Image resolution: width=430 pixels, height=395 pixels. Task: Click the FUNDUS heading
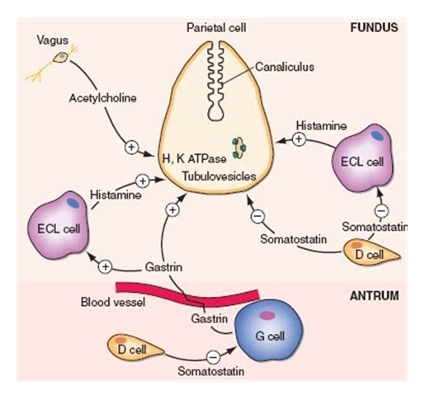click(x=374, y=27)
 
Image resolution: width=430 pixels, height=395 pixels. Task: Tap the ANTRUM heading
click(x=375, y=296)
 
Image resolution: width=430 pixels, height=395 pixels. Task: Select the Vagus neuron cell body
click(x=62, y=57)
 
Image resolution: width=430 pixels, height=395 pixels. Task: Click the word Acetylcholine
click(x=102, y=98)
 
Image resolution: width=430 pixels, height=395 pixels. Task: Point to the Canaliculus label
click(x=285, y=67)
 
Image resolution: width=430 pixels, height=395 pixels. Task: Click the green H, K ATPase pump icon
click(x=239, y=148)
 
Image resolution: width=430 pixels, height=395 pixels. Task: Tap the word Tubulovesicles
click(x=219, y=176)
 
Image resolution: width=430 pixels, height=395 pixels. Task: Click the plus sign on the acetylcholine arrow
click(x=131, y=148)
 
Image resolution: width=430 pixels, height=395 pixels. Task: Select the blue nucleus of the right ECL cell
click(x=378, y=135)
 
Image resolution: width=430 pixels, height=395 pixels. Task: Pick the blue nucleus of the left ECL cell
click(x=73, y=203)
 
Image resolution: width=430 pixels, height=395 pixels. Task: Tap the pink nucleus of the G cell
click(x=267, y=315)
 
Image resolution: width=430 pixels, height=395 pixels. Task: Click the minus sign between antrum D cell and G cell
click(x=213, y=357)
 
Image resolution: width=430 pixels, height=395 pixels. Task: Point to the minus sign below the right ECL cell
click(x=381, y=211)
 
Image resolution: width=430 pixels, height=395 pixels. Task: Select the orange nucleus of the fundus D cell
click(x=357, y=245)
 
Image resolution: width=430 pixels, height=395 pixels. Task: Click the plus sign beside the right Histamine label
click(x=299, y=139)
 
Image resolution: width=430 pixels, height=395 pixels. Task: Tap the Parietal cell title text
click(x=216, y=28)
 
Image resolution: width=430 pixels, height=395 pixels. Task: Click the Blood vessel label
click(x=113, y=303)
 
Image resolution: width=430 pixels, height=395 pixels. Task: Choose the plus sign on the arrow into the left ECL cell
click(x=106, y=266)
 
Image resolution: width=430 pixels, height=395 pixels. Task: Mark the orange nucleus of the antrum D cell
click(x=120, y=340)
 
